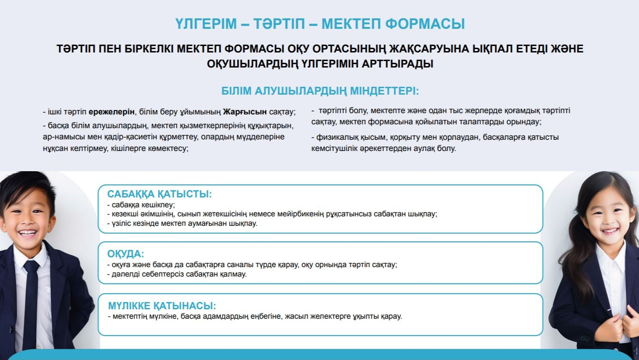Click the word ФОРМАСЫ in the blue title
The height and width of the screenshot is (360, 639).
425,24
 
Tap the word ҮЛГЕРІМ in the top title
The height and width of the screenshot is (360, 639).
206,24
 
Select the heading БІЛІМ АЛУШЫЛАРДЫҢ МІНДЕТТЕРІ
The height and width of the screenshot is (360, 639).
320,91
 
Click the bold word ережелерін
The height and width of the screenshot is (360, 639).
112,112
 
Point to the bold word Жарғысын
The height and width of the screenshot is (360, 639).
245,112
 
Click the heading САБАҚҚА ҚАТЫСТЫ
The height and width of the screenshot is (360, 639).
159,194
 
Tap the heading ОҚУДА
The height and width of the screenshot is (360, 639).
125,254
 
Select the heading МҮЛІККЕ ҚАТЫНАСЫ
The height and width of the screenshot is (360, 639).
162,306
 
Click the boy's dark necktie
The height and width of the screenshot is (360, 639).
31,303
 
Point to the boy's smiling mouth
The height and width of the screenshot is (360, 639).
27,233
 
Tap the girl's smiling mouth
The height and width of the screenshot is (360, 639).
610,230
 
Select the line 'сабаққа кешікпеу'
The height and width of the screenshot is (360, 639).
141,205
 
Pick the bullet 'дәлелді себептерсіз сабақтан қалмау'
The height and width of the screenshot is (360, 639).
177,274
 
